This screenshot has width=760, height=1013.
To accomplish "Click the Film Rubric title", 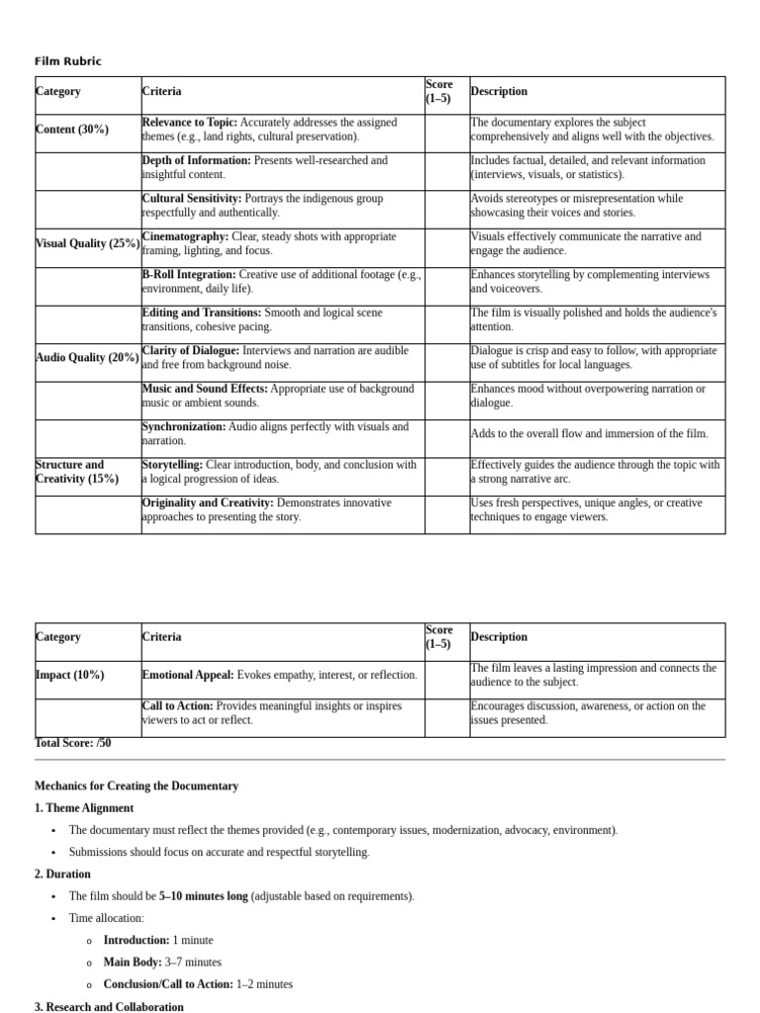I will click(67, 61).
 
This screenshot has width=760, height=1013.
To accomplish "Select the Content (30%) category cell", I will click(72, 130).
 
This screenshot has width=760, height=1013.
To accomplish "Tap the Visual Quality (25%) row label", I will click(87, 243).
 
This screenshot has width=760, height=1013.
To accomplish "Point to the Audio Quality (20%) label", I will click(87, 358).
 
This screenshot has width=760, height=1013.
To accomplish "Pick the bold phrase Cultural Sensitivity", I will click(191, 198).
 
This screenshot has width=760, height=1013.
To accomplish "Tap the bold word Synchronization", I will click(183, 426).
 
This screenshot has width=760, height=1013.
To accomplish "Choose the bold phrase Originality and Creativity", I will click(207, 503).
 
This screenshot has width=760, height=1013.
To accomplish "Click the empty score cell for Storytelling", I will click(447, 477).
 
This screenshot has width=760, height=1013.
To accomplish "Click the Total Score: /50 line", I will click(73, 743).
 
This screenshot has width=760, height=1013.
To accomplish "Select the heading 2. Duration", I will click(62, 875).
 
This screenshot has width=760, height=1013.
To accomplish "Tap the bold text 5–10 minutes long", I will click(203, 896).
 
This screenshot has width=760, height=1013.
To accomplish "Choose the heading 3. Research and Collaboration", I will click(109, 1007).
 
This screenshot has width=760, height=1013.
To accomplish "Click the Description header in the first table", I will click(499, 92).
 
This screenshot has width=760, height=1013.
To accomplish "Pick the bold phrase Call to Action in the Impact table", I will click(177, 705).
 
